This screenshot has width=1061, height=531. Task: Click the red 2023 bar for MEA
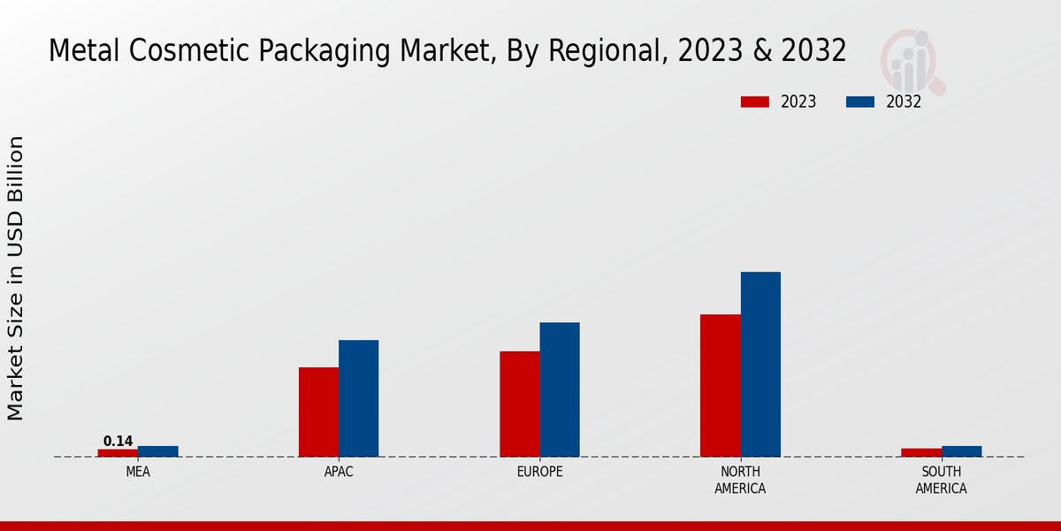[x=118, y=453]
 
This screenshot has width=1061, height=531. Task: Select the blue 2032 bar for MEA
[x=157, y=451]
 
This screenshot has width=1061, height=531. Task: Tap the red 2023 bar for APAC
[x=318, y=412]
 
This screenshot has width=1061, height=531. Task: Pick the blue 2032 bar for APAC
[x=358, y=398]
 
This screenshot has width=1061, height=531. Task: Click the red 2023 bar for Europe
[x=519, y=404]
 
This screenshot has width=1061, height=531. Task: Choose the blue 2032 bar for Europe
[x=560, y=389]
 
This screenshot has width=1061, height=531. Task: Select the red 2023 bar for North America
[x=720, y=385]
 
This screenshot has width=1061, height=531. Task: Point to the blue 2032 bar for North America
[x=760, y=364]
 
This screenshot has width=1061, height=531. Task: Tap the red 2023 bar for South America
[x=921, y=453]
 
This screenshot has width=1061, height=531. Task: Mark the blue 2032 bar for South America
[x=961, y=451]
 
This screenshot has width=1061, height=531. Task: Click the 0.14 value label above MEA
[x=118, y=441]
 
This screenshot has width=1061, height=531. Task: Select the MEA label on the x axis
[x=138, y=472]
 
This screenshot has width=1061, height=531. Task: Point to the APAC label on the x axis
[x=339, y=472]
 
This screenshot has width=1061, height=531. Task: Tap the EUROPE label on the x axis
[x=539, y=472]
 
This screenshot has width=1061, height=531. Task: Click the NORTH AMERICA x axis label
[x=740, y=480]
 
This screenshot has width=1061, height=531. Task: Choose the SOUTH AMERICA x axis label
[x=941, y=480]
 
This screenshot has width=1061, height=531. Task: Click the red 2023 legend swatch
[x=754, y=102]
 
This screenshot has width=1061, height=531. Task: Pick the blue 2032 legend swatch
[x=859, y=102]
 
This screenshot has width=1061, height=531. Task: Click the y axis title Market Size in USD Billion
[x=16, y=278]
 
